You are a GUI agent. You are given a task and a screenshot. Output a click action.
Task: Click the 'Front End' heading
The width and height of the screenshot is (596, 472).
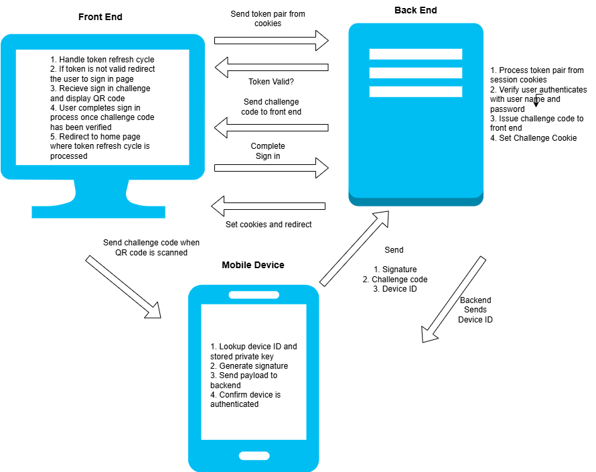tap(100, 17)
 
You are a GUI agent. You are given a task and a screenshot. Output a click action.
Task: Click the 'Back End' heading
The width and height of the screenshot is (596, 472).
tap(415, 10)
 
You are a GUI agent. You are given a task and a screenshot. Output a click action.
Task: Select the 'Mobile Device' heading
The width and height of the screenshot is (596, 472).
tap(252, 265)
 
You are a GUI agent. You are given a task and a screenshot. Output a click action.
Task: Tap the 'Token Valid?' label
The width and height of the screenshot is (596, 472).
tap(271, 82)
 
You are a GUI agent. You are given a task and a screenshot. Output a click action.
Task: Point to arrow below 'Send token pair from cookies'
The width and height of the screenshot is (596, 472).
tap(271, 40)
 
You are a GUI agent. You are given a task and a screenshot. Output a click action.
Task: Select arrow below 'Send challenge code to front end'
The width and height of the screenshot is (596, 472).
tap(271, 127)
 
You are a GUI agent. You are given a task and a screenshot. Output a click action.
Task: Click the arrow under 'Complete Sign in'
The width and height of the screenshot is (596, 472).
tap(271, 168)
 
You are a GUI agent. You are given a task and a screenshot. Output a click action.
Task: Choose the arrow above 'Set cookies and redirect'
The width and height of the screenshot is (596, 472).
tap(268, 206)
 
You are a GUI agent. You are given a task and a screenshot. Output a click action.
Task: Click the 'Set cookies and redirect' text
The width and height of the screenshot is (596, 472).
tap(268, 224)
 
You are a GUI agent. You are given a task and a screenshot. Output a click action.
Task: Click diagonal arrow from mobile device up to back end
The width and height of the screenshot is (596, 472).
tap(354, 247)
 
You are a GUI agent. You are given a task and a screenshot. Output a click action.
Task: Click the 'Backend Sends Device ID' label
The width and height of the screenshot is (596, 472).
tap(475, 310)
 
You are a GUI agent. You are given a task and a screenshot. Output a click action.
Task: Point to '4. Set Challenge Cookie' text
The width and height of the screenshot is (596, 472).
tap(533, 138)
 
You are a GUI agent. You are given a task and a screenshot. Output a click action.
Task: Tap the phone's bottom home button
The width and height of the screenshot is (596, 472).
tap(254, 456)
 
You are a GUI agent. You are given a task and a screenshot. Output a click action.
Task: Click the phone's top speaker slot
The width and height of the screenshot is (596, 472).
tap(254, 295)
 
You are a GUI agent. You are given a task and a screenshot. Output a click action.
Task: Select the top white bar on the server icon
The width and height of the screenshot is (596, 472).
tap(415, 54)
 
